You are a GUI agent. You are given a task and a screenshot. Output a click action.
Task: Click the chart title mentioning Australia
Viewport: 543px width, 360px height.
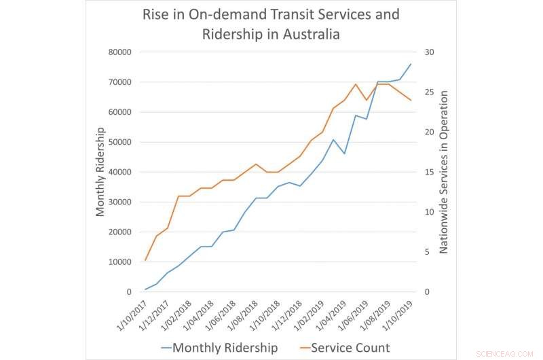270,24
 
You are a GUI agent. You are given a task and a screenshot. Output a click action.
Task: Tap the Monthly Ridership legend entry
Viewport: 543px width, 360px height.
219,348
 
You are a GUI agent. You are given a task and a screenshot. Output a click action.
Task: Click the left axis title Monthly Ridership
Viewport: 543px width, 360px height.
100,171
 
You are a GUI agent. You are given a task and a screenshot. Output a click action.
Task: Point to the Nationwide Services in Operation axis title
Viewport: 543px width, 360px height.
444,171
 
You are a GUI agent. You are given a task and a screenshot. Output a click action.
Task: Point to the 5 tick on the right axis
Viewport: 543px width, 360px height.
427,252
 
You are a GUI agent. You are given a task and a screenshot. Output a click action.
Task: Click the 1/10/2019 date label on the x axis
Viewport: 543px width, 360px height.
396,314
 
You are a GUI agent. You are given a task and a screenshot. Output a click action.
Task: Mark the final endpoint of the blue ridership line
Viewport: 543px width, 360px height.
411,64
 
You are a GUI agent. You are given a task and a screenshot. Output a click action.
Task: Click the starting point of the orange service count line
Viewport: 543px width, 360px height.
145,260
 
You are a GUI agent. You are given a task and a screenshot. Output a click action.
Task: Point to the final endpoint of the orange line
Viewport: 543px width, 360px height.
411,101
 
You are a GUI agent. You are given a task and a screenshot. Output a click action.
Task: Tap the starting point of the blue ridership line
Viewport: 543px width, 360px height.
145,289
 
